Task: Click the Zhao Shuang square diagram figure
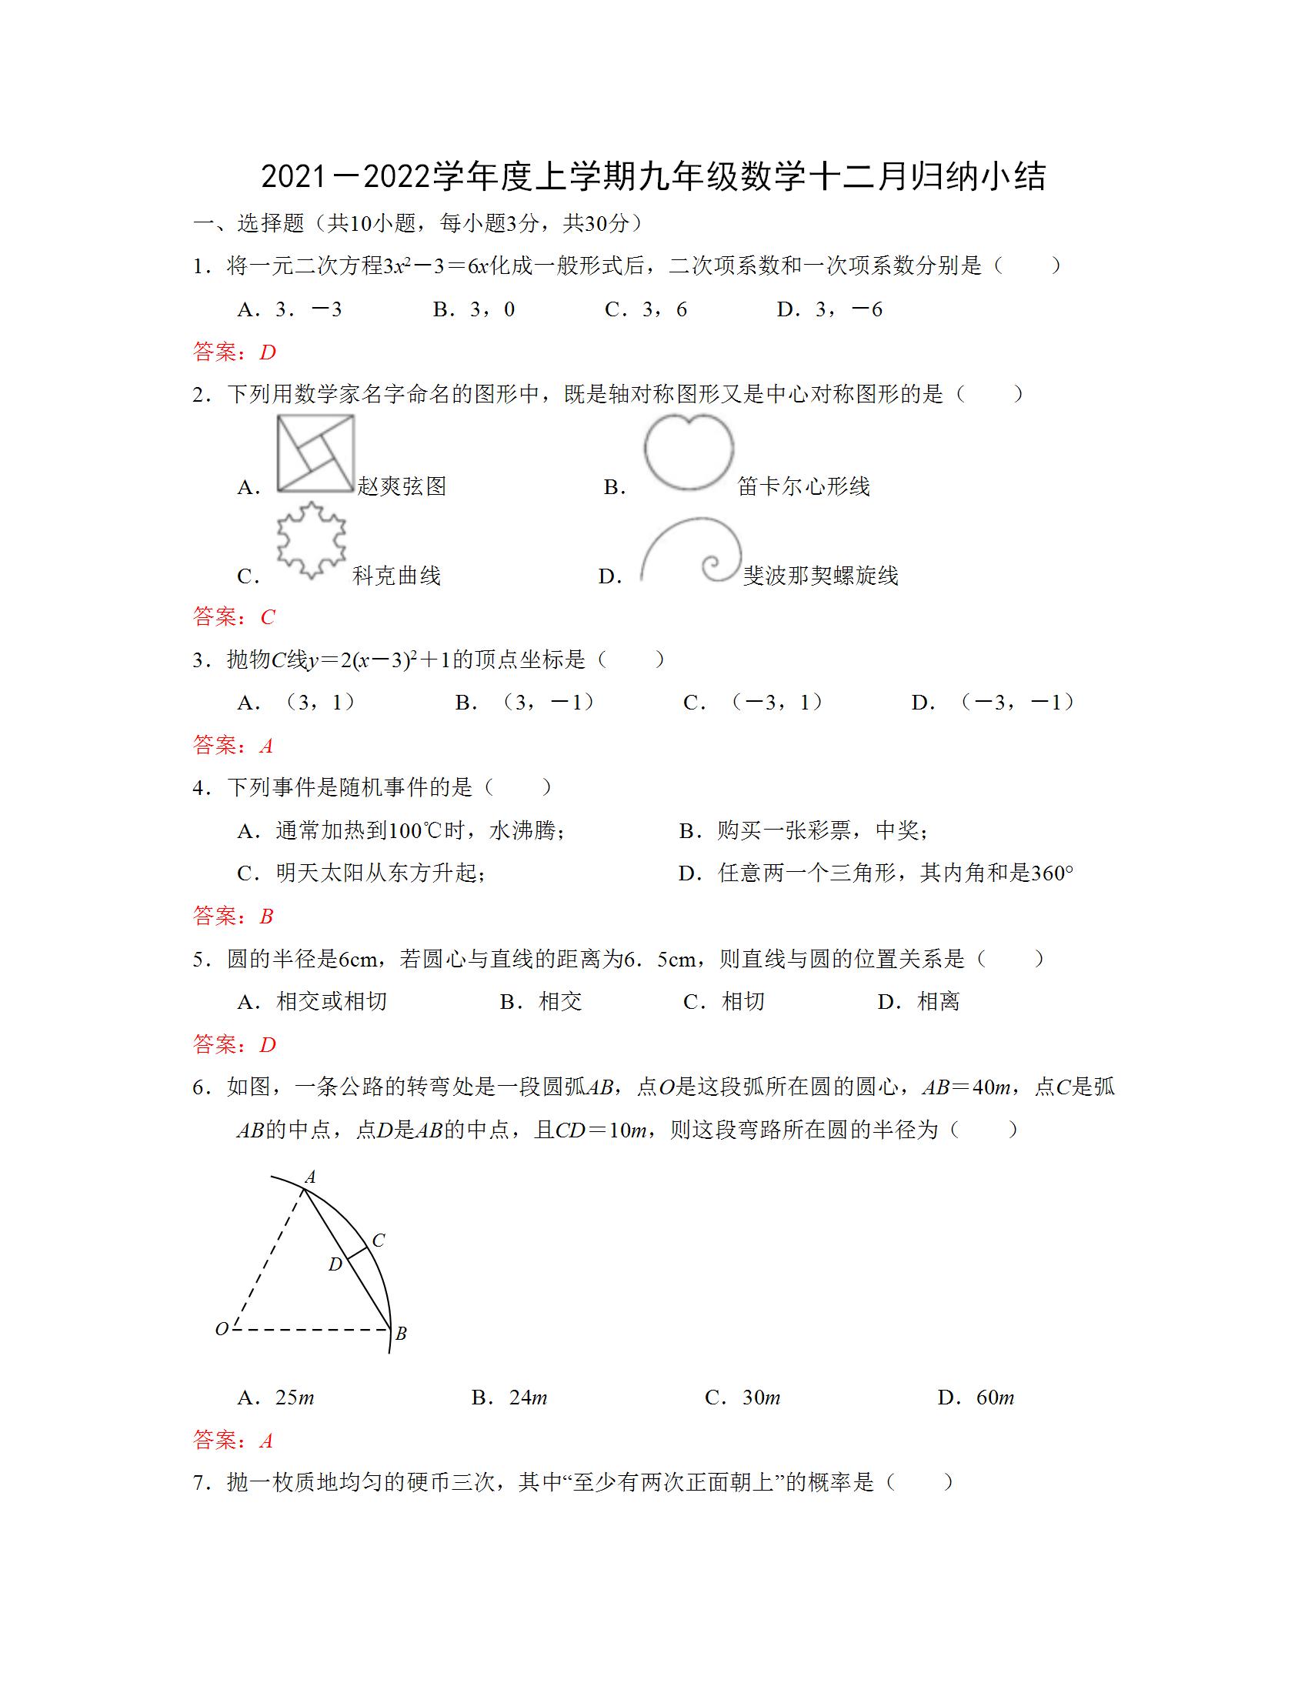coord(315,453)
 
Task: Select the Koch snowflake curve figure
coord(312,539)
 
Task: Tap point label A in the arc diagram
coord(310,1177)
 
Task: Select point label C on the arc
coord(378,1241)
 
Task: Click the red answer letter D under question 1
coord(267,352)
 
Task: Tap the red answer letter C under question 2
coord(267,617)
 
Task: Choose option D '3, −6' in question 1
coord(830,310)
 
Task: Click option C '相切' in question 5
coord(724,1001)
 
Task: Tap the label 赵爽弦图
coord(402,487)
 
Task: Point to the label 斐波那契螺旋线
coord(820,576)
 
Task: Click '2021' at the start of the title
coord(292,178)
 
